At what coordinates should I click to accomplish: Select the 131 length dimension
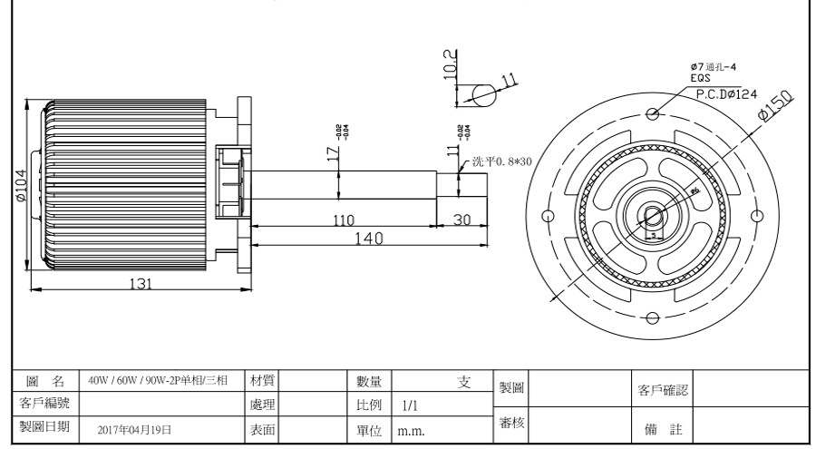point(140,282)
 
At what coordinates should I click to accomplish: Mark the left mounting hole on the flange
point(547,217)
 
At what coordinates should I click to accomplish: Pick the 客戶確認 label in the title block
point(663,392)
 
